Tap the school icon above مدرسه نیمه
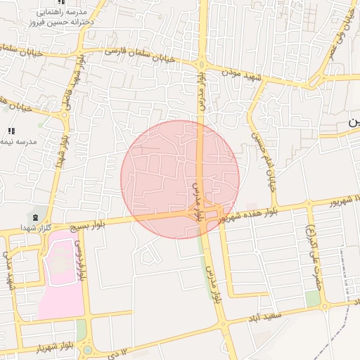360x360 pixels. [x=11, y=131]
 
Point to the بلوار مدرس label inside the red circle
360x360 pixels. [x=199, y=202]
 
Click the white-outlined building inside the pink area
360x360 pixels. [x=60, y=261]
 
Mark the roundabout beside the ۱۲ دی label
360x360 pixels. [x=87, y=349]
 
